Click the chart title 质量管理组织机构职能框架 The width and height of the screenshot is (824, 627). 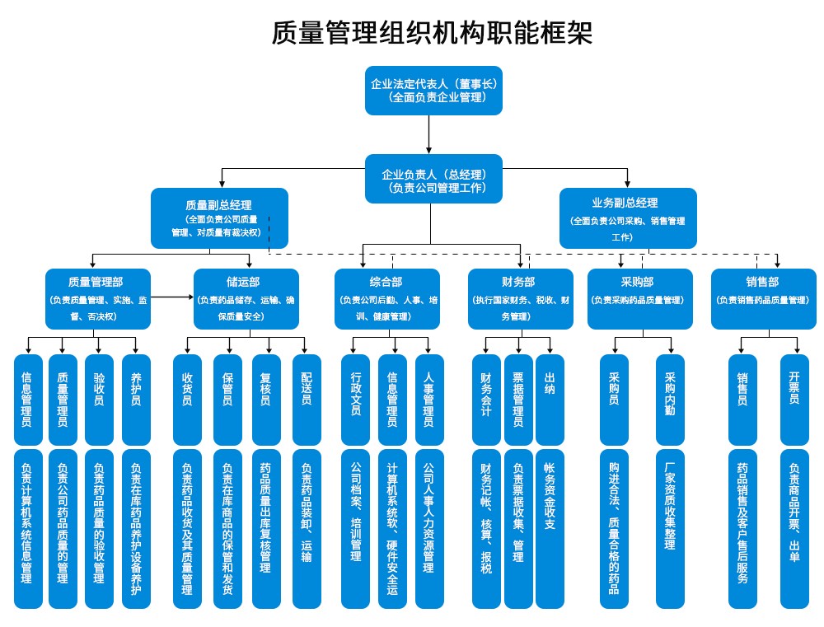432,33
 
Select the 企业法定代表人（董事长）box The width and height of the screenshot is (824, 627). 433,90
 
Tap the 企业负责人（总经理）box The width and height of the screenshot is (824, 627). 433,179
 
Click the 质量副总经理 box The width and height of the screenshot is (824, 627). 219,218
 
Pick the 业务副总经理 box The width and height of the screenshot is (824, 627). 627,218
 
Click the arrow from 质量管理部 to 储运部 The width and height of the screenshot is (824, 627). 172,297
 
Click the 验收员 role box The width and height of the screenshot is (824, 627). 99,400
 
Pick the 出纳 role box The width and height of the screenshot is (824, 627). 550,400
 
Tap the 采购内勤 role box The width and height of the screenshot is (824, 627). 670,400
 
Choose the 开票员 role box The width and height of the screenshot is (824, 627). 794,400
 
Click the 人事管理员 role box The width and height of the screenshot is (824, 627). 428,400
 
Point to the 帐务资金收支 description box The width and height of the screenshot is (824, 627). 550,528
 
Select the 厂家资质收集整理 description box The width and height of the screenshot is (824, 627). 670,528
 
